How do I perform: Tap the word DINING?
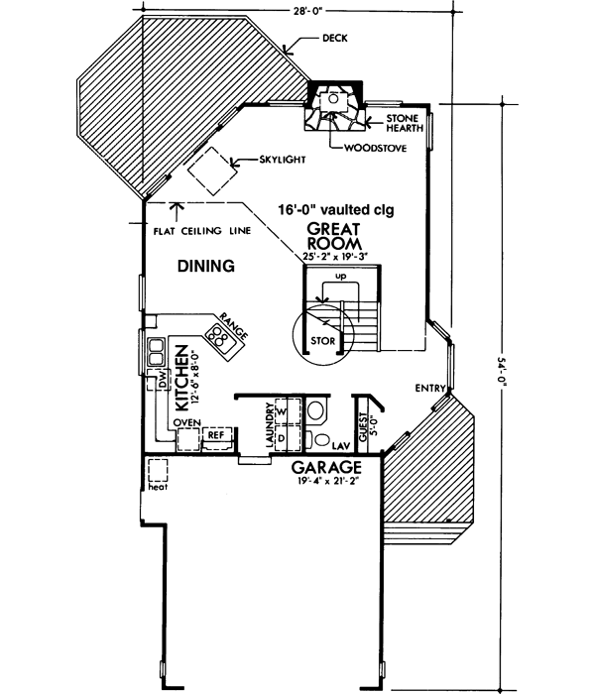tap(205, 266)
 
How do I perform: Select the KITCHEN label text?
tap(181, 379)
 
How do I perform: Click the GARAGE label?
tap(325, 465)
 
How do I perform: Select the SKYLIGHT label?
tap(280, 159)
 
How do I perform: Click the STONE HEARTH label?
tap(403, 122)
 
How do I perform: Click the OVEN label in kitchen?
tap(188, 422)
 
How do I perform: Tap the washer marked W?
tap(281, 410)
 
